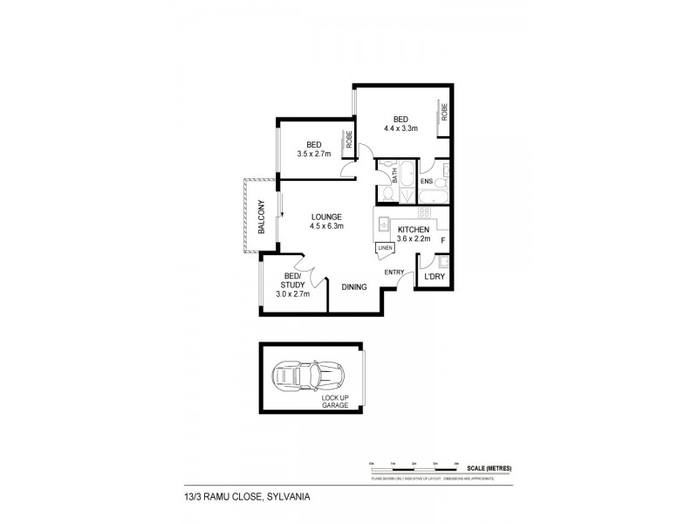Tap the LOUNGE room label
(326, 217)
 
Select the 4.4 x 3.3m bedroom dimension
(400, 128)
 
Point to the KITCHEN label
(414, 229)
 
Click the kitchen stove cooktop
(423, 212)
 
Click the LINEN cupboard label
(385, 248)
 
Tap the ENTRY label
(393, 272)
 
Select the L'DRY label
(434, 279)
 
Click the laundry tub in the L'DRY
(442, 261)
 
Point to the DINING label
(354, 286)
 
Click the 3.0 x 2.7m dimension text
(294, 293)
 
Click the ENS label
(427, 182)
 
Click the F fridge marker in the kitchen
(443, 240)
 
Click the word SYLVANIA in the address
(284, 497)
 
